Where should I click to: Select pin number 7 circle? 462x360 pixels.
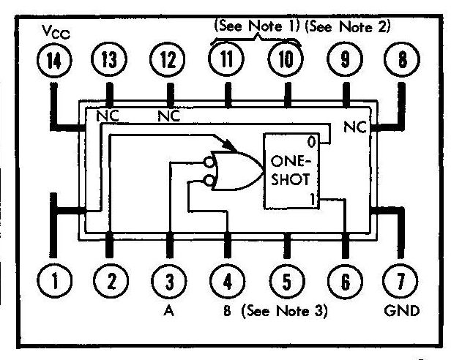[x=400, y=280]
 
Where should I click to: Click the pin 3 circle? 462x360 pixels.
[x=169, y=280]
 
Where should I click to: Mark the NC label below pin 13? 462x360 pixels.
[x=108, y=116]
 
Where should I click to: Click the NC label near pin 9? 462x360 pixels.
[x=355, y=126]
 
